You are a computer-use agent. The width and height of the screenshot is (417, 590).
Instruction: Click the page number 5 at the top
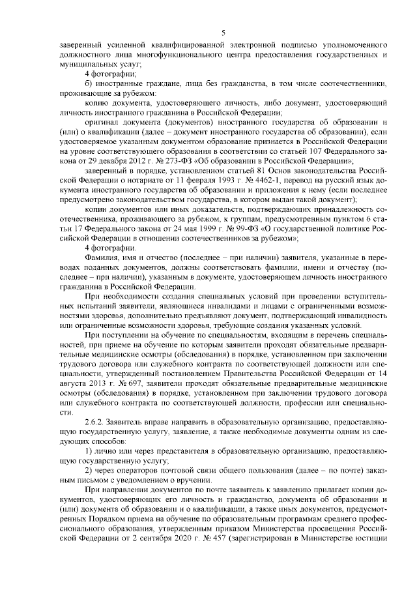coord(223,33)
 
